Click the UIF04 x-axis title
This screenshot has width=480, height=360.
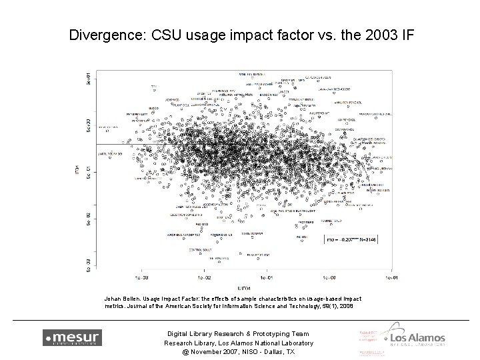244,285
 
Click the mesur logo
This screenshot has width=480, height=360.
72,337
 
